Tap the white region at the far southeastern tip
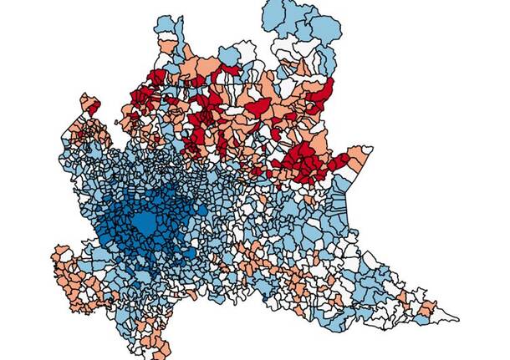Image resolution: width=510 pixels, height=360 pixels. (x=447, y=317)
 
